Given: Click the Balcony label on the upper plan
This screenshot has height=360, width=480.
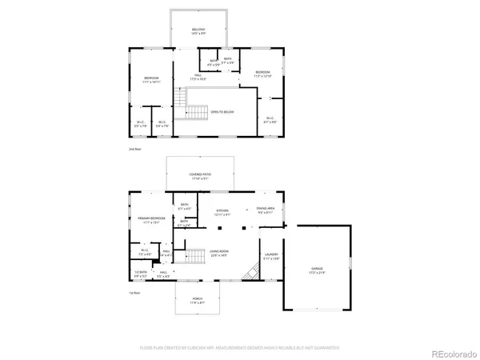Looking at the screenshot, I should point(198,31).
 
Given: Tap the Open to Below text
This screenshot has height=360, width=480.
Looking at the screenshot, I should point(222,112).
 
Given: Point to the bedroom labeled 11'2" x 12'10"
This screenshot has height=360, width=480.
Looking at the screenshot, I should point(263,74).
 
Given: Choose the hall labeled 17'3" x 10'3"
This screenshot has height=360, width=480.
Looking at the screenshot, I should point(198,78).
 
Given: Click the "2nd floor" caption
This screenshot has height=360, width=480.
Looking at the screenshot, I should point(134,150).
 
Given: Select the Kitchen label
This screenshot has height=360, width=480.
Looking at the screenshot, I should point(222,212).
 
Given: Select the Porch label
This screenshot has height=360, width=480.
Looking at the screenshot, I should point(198,301).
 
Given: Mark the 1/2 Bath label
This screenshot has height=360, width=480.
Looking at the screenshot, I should point(141,274).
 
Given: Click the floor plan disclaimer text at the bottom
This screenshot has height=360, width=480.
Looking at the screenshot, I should point(239,349).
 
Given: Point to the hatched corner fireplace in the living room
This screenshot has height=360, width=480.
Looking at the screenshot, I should point(250,274).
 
